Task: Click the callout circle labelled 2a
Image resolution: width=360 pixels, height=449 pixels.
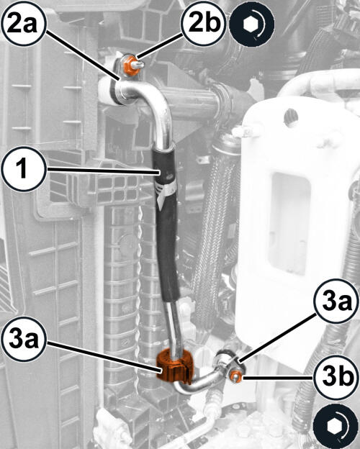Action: click(x=23, y=24)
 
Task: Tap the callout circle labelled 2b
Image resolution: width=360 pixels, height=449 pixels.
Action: click(x=204, y=24)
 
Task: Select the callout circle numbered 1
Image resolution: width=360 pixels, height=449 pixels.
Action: click(x=24, y=169)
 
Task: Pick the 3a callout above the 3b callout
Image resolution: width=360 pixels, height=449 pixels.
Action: click(x=336, y=301)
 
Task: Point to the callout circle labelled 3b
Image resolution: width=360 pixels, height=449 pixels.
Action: click(x=336, y=378)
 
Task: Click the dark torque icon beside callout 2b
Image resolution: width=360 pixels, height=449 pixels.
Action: click(x=252, y=25)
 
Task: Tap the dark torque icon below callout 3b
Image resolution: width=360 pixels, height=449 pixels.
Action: click(x=336, y=427)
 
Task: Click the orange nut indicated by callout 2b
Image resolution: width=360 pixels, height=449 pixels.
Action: click(x=129, y=65)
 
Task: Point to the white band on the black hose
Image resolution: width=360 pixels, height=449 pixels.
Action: click(x=166, y=190)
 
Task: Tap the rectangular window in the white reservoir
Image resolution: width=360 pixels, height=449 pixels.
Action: click(x=289, y=223)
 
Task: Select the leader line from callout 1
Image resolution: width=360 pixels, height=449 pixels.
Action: click(x=103, y=171)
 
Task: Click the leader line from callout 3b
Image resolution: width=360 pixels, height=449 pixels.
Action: click(x=278, y=378)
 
